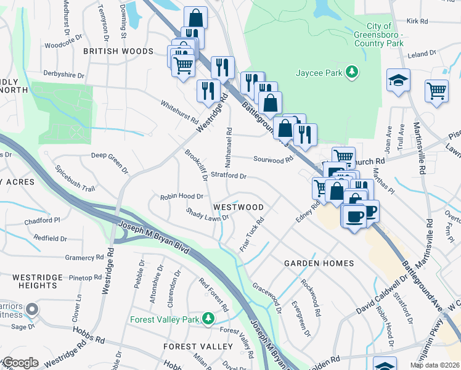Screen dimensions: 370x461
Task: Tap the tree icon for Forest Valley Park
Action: click(x=208, y=319)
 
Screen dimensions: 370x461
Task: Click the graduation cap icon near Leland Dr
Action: click(x=398, y=80)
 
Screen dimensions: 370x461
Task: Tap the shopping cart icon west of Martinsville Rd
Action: click(x=436, y=90)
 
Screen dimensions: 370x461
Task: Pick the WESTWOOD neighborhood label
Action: click(x=239, y=207)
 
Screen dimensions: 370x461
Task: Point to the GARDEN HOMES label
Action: click(x=319, y=263)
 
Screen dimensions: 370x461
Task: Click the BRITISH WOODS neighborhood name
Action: click(x=118, y=51)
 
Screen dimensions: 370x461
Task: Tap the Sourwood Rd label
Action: click(x=273, y=159)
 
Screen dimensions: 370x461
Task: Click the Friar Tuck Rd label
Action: click(x=252, y=234)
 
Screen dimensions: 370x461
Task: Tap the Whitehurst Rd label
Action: click(x=180, y=111)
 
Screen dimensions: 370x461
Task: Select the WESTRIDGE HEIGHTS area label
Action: click(x=29, y=281)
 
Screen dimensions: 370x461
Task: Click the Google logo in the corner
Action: click(x=20, y=363)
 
